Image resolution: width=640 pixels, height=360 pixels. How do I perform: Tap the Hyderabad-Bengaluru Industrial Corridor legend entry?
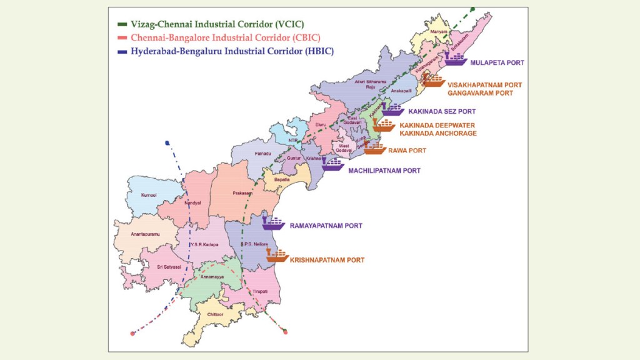[232, 51]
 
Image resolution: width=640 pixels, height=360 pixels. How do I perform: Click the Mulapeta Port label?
[497, 63]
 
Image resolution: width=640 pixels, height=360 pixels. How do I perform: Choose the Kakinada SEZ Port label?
[441, 111]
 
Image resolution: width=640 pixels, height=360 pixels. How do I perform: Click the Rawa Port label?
[407, 151]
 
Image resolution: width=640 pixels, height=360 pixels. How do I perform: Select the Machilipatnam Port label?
[384, 170]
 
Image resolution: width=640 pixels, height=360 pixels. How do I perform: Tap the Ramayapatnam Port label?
[326, 225]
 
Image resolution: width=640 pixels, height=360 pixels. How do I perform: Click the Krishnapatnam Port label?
[327, 259]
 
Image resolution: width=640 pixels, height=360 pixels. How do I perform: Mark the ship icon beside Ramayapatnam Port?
[273, 222]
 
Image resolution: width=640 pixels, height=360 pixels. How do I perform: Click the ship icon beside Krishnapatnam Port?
[276, 255]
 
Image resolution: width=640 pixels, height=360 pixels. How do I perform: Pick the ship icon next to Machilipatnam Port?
[332, 164]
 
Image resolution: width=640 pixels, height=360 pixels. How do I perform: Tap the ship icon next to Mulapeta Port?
[455, 59]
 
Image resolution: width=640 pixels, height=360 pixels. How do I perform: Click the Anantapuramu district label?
[132, 234]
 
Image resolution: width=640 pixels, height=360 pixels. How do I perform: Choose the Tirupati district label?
[260, 292]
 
